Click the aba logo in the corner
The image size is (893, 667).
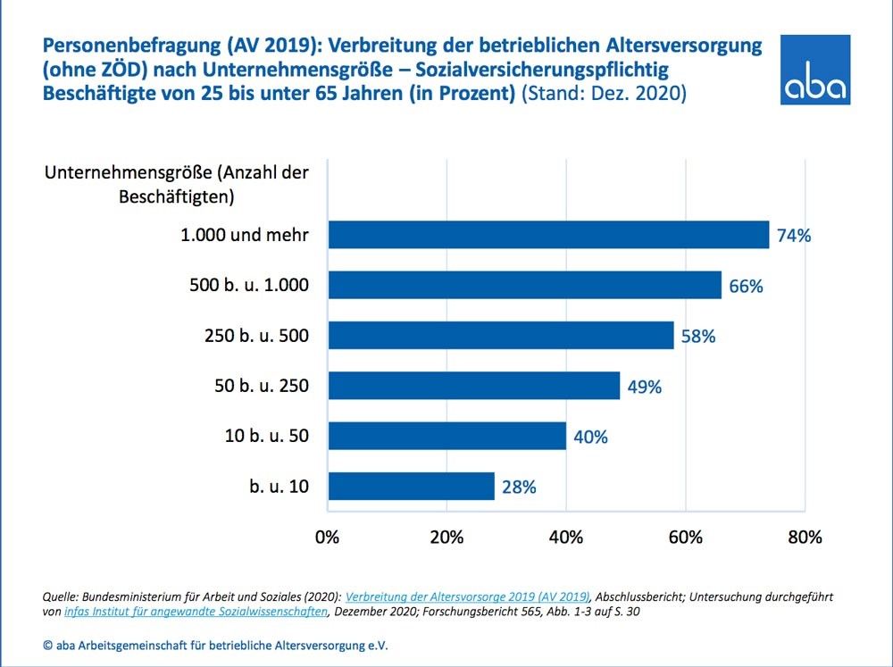tap(814, 71)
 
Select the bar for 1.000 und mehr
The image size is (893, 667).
tap(548, 235)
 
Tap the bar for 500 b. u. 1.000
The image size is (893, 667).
tap(524, 286)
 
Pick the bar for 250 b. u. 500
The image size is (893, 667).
tap(501, 336)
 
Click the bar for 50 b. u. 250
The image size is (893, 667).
tap(474, 386)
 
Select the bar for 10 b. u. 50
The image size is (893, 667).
tap(447, 436)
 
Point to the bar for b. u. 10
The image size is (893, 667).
tap(411, 487)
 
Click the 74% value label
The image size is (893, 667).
tap(793, 237)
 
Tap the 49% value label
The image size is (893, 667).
tap(644, 387)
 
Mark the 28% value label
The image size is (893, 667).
tap(518, 488)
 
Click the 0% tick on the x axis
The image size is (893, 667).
tap(328, 538)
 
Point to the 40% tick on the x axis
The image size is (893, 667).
tap(566, 538)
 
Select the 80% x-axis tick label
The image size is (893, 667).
tap(804, 538)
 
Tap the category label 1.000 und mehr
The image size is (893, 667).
tap(244, 236)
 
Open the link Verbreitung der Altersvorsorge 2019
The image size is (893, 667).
tap(467, 596)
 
